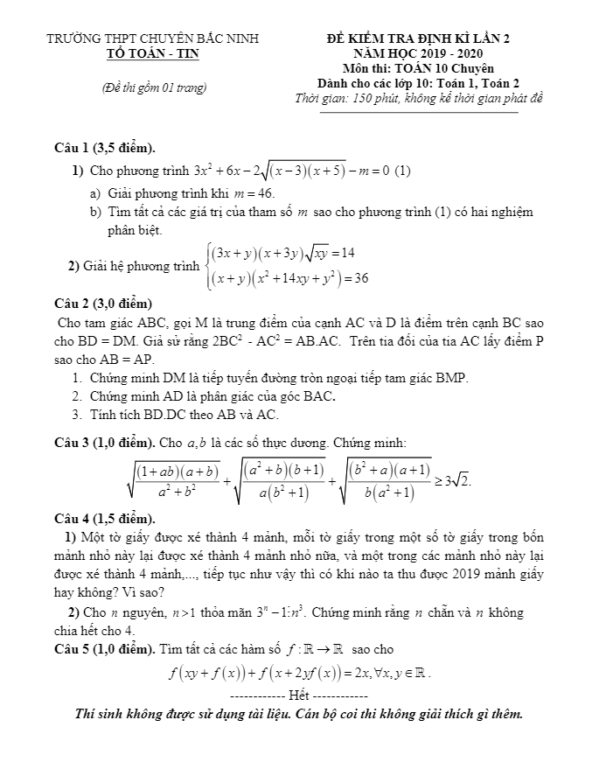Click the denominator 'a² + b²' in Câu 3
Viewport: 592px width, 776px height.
pos(178,490)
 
